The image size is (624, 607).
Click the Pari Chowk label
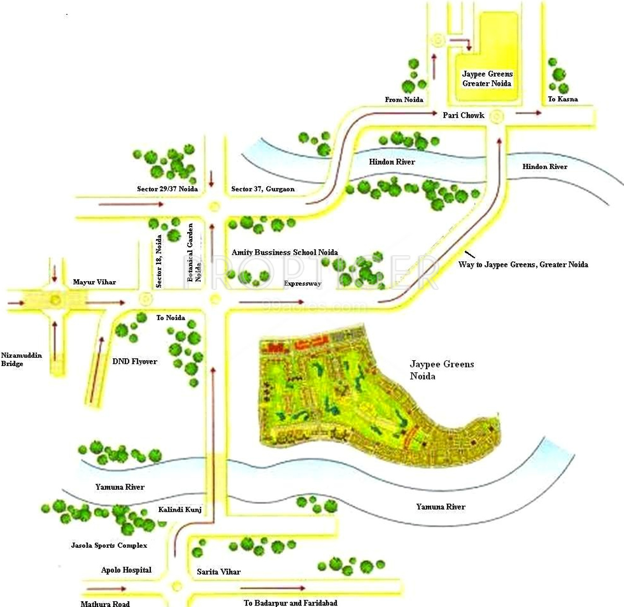point(463,115)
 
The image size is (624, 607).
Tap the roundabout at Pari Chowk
point(498,117)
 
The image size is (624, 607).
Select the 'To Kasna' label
point(563,99)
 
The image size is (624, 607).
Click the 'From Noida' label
point(404,99)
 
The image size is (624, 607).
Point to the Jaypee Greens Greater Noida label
point(487,79)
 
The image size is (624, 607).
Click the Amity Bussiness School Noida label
point(284,252)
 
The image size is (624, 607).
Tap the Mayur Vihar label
point(94,282)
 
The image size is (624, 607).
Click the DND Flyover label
point(135,361)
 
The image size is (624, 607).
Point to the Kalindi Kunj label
point(180,510)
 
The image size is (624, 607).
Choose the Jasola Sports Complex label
point(109,546)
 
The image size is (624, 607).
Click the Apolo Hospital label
point(126,570)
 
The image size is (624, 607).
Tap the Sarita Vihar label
point(218,572)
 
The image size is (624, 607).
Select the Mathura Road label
point(105,604)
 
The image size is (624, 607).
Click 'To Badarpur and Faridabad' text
point(290,603)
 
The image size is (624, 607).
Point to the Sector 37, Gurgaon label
point(263,189)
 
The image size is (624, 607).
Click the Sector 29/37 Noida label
point(167,189)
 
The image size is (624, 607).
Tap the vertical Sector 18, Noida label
point(159,261)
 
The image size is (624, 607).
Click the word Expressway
point(303,284)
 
